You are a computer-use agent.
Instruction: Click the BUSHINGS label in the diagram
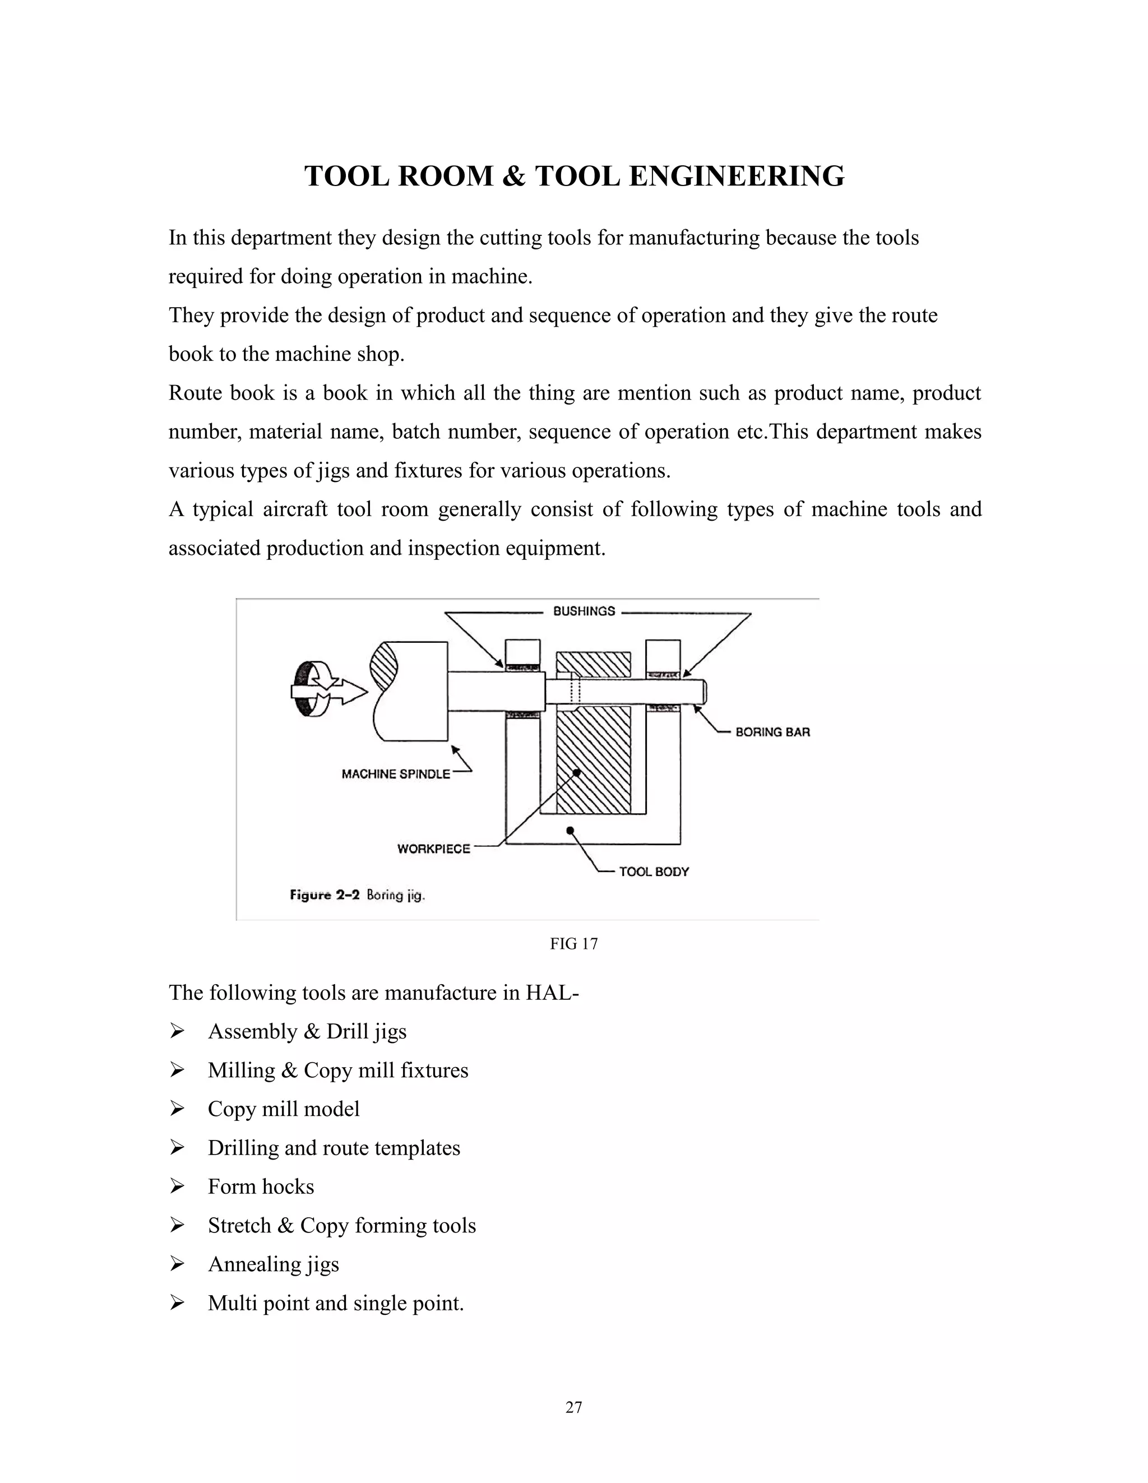(584, 611)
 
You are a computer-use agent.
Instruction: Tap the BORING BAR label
(772, 732)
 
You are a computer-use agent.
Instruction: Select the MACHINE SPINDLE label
(395, 774)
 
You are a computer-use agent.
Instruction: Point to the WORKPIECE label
(433, 849)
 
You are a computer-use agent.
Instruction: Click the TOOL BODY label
(654, 872)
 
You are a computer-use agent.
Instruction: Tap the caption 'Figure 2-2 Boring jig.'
(357, 895)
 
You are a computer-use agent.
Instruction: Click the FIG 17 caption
(573, 944)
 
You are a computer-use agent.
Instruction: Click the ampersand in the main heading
(514, 177)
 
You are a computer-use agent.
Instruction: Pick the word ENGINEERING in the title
(737, 177)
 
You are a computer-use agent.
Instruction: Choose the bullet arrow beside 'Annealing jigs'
(177, 1264)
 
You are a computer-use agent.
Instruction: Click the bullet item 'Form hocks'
(261, 1187)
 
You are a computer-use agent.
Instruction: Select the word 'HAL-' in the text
(552, 993)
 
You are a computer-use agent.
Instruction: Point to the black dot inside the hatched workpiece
(576, 772)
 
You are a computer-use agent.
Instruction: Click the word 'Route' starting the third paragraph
(195, 393)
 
